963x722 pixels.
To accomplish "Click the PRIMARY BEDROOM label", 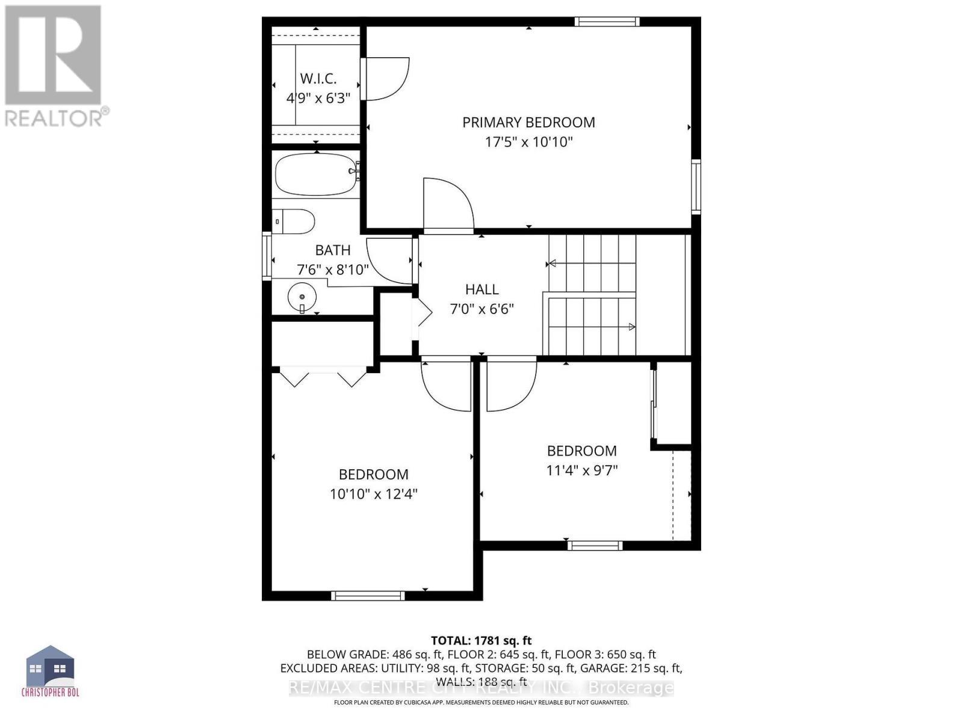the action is click(528, 122).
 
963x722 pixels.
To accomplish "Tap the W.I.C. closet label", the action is click(318, 79).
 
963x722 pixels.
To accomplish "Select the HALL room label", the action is click(482, 289).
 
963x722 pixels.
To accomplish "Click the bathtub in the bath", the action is click(317, 173).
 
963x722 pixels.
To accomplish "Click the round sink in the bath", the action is click(302, 297).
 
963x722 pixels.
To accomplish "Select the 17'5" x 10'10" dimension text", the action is click(528, 142).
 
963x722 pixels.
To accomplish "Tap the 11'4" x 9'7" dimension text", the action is click(582, 471).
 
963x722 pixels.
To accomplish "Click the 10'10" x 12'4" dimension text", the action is click(373, 494).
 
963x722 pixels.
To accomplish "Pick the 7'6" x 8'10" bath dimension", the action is click(333, 269).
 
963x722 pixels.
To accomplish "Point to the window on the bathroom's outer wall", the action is click(267, 257).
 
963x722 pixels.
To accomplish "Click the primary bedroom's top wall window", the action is click(607, 22).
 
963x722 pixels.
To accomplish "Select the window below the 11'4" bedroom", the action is click(595, 545).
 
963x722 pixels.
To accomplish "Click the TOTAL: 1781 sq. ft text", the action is click(481, 640).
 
